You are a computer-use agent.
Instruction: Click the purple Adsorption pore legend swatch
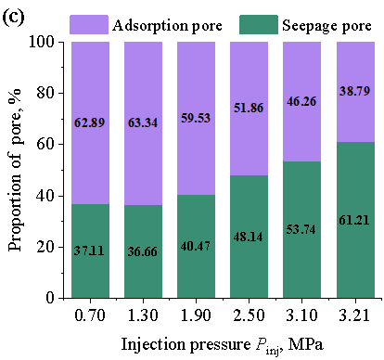[89, 24]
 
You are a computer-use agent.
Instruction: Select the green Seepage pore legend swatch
[259, 24]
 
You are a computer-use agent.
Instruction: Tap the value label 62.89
[90, 122]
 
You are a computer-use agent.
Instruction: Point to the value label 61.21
[354, 220]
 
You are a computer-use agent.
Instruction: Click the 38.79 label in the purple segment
[354, 91]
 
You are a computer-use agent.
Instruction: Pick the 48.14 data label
[249, 237]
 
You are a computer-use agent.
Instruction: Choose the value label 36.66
[143, 251]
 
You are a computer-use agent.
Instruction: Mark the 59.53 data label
[196, 118]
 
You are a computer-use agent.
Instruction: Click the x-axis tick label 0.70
[90, 315]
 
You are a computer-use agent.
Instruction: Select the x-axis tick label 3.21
[354, 315]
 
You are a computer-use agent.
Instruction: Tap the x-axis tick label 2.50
[249, 315]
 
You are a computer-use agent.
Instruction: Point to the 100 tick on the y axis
[42, 42]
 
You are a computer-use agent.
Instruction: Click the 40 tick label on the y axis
[45, 196]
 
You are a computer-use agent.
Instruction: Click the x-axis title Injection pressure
[186, 344]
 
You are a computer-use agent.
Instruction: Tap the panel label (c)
[13, 18]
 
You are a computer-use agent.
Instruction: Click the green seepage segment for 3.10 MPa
[301, 229]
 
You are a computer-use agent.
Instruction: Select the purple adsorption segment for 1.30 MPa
[143, 123]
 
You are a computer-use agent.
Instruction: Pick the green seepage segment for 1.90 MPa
[196, 246]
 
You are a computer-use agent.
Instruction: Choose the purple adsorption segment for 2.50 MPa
[249, 109]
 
